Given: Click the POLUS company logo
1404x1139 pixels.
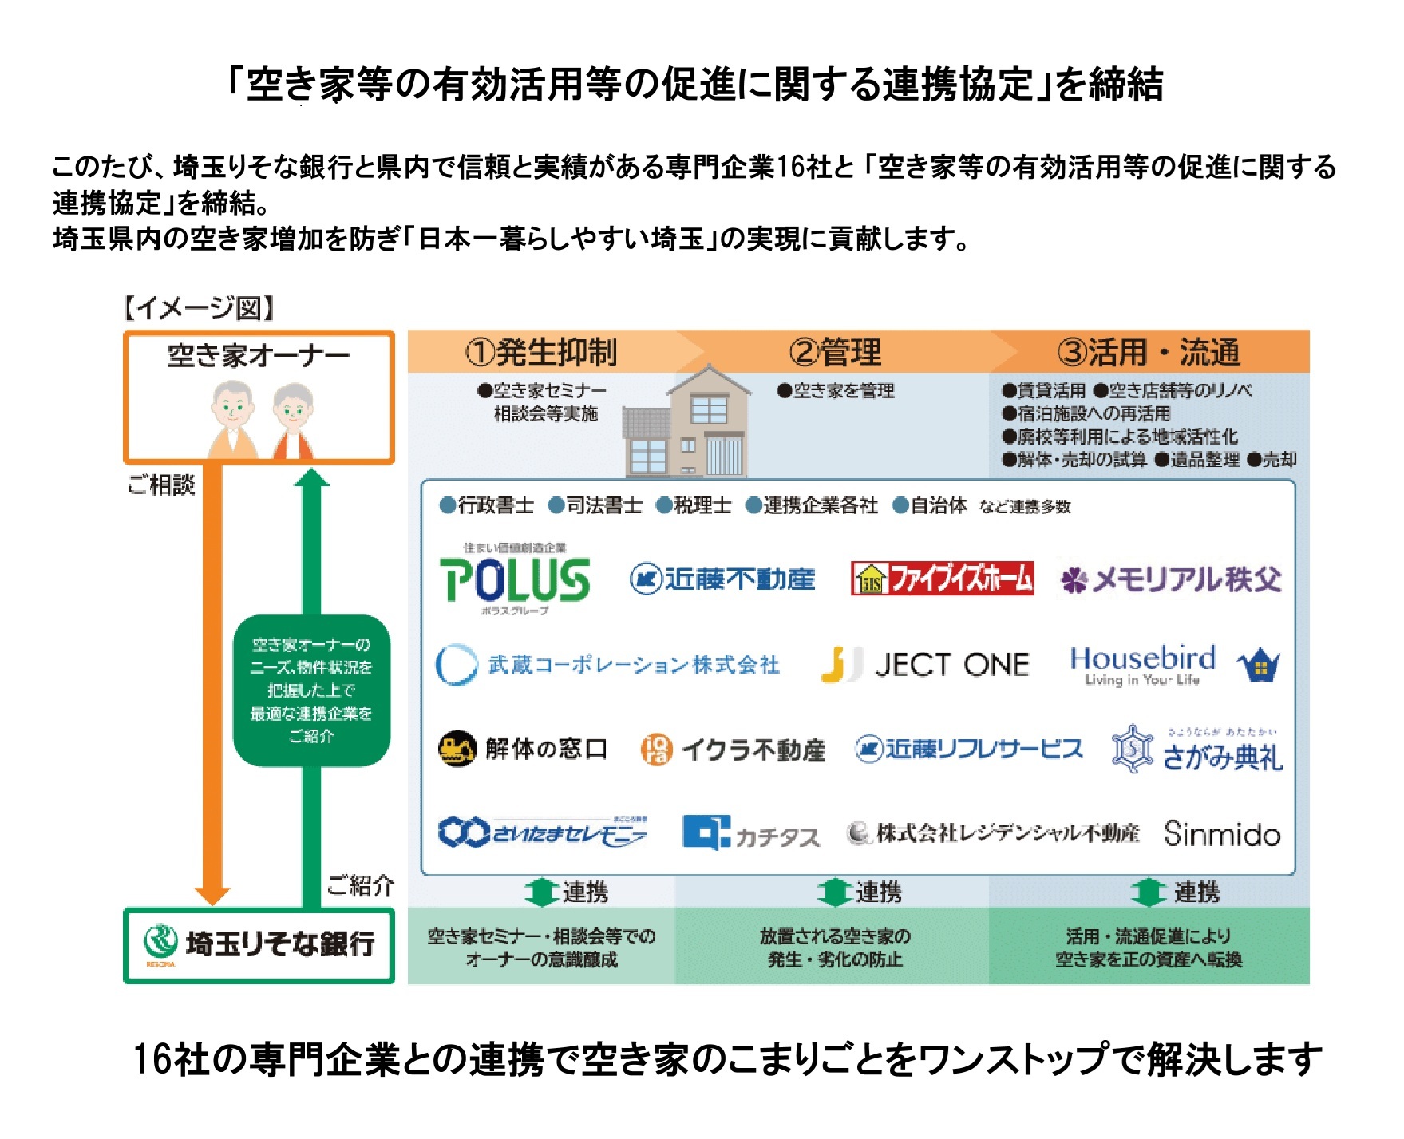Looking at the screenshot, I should click(x=515, y=579).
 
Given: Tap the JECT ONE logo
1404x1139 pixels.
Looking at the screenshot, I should click(x=926, y=665).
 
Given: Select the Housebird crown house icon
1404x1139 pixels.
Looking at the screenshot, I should click(x=1259, y=665).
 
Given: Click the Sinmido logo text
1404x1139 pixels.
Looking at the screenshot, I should click(x=1222, y=834).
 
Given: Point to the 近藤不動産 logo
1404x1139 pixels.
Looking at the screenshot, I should click(x=722, y=579).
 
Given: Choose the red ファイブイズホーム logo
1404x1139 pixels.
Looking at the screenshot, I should click(x=943, y=579).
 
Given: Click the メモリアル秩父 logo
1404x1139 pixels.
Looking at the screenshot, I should click(x=1170, y=579).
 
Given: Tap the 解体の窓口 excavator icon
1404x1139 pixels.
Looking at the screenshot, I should click(x=457, y=749).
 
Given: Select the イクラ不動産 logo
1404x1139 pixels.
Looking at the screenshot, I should click(x=733, y=749).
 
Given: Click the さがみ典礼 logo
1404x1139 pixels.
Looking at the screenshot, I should click(x=1197, y=750).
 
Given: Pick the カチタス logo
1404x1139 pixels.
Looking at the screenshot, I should click(x=751, y=834).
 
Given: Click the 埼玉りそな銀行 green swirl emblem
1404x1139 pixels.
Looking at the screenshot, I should click(x=160, y=942).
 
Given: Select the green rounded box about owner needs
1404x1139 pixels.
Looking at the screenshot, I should click(x=311, y=690).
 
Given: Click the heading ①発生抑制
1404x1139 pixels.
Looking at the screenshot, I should click(x=541, y=352).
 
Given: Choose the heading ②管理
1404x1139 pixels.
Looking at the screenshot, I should click(x=835, y=352).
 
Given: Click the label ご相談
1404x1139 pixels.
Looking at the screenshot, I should click(x=161, y=484).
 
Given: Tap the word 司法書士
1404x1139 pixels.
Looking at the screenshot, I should click(x=603, y=505).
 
